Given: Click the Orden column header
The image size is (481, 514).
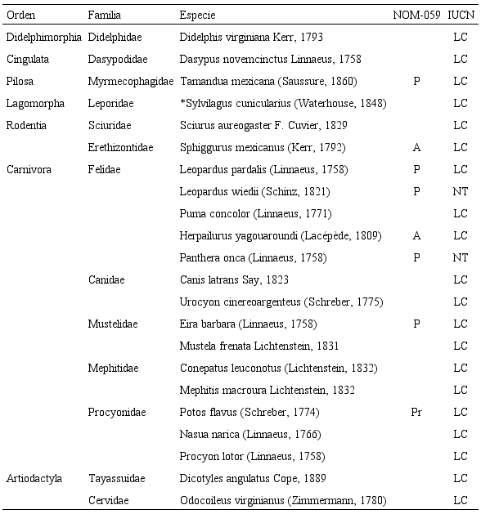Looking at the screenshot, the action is (20, 16).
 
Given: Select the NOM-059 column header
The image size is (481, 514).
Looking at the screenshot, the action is (416, 16).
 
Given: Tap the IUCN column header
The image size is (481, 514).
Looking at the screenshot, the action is (461, 16).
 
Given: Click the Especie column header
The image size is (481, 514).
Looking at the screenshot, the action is (197, 16).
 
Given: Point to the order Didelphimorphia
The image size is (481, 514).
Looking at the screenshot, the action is (43, 38).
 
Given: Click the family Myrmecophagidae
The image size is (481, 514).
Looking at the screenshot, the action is (131, 82).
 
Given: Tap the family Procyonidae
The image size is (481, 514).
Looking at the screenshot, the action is (117, 412).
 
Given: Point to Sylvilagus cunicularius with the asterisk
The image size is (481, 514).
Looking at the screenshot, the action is (282, 104).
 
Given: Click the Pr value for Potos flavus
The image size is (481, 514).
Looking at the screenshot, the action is (416, 412).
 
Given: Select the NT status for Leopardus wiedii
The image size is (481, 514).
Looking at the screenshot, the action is (461, 192).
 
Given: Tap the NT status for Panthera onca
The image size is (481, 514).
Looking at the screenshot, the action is (461, 258).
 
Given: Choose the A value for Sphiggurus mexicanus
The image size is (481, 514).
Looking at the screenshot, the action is (416, 148).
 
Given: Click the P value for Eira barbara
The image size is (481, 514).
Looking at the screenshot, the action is (416, 324).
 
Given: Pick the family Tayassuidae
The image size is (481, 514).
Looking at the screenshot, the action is (119, 478).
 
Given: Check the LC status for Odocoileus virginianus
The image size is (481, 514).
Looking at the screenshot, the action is (461, 500).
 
